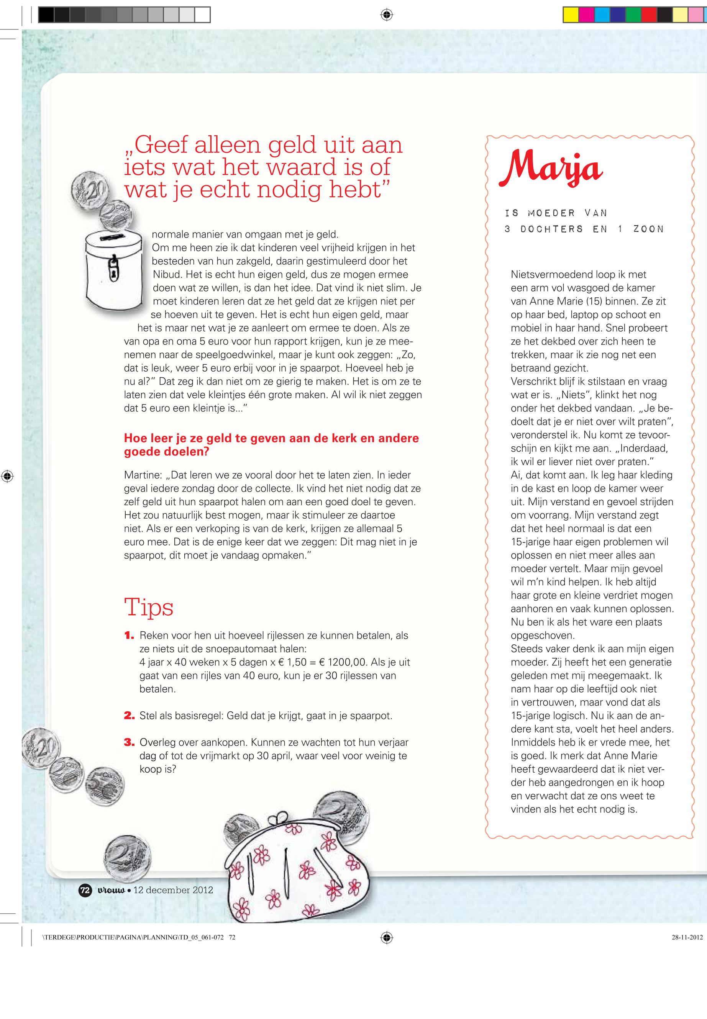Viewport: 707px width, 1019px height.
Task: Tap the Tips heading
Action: pyautogui.click(x=148, y=607)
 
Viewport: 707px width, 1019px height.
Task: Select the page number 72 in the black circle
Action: pyautogui.click(x=85, y=890)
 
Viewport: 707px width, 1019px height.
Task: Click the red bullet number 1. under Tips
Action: pyautogui.click(x=129, y=636)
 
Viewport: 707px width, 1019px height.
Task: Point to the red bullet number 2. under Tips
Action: pyautogui.click(x=129, y=716)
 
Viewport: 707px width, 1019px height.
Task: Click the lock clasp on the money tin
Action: pyautogui.click(x=113, y=270)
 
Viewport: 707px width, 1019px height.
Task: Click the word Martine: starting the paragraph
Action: pyautogui.click(x=143, y=475)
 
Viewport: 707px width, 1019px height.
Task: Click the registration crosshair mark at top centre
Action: pyautogui.click(x=387, y=15)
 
